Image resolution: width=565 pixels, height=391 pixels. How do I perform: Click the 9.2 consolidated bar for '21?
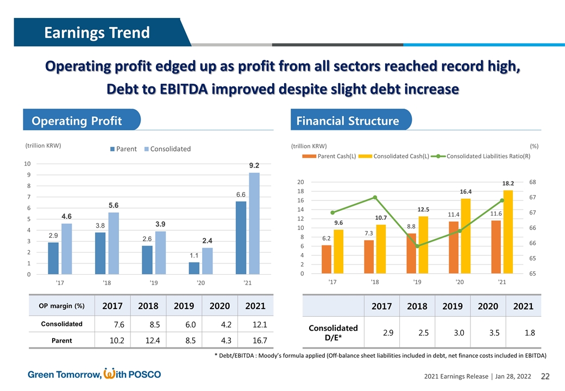254,223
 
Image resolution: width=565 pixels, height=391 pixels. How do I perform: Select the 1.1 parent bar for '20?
194,268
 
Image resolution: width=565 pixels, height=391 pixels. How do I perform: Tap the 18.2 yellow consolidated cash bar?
508,232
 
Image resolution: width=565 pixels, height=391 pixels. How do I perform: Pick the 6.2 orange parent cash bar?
327,260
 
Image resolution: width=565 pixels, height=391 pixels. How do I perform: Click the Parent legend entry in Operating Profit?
125,149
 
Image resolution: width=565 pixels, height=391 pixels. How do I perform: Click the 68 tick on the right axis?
532,182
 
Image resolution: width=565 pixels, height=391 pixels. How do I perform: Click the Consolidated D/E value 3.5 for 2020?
494,332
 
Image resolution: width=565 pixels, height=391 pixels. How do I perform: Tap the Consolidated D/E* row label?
333,332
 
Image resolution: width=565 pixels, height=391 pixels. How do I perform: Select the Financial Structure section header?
348,121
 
